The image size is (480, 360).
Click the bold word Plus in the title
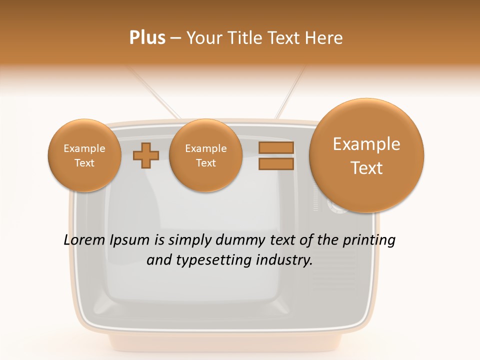(x=147, y=38)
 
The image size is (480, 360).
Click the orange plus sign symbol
(x=146, y=155)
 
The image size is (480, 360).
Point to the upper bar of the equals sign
(x=275, y=148)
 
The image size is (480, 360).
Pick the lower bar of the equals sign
(x=275, y=163)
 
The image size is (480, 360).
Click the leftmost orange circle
(x=84, y=155)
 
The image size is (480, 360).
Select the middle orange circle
(x=205, y=155)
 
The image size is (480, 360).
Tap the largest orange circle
(x=366, y=155)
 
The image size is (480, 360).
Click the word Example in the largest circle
(x=366, y=144)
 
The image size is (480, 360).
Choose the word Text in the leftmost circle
(x=84, y=163)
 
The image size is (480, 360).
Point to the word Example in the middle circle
(x=205, y=148)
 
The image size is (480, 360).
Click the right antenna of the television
(x=290, y=92)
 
